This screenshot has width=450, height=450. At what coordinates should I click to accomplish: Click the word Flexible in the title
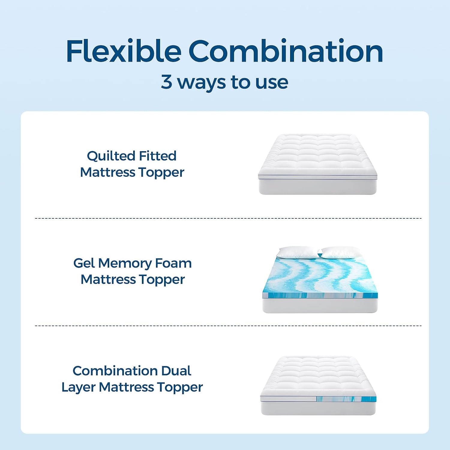tap(124, 51)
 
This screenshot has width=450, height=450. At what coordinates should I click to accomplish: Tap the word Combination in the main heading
tap(286, 51)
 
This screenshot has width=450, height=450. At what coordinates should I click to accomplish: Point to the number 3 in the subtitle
tap(166, 82)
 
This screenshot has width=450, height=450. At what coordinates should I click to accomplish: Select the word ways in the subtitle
tap(201, 82)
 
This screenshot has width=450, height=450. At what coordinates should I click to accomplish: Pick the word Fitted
tap(158, 156)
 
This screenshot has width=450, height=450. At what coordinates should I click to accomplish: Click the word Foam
tap(173, 263)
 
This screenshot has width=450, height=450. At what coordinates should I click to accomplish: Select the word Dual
tap(176, 371)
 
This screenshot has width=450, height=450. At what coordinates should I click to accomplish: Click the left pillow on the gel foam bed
tap(297, 253)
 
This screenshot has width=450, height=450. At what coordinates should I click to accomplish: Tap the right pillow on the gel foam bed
tap(340, 253)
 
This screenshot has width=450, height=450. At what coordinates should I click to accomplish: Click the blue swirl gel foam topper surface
tap(319, 276)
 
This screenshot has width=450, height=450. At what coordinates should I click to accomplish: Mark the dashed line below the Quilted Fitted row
tap(228, 218)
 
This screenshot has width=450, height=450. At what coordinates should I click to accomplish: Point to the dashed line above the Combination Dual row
tap(228, 325)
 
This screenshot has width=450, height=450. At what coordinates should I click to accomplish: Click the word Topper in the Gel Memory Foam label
tap(162, 280)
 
